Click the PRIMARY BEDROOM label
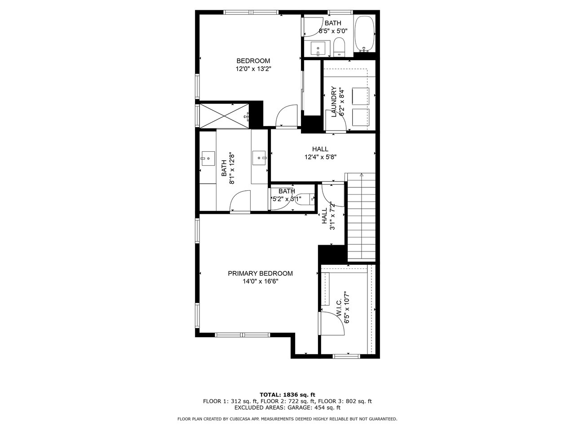click(x=260, y=273)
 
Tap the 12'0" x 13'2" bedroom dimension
click(x=253, y=69)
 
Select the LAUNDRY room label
click(x=333, y=101)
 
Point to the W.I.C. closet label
click(x=338, y=308)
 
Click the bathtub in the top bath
click(x=364, y=34)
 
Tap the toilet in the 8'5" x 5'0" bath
click(x=340, y=47)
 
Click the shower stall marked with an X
click(x=224, y=116)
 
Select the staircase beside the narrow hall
click(x=361, y=217)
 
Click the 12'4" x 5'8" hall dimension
click(x=320, y=157)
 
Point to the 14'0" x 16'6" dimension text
click(x=260, y=281)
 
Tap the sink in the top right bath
click(x=318, y=48)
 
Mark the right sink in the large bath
click(x=259, y=158)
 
